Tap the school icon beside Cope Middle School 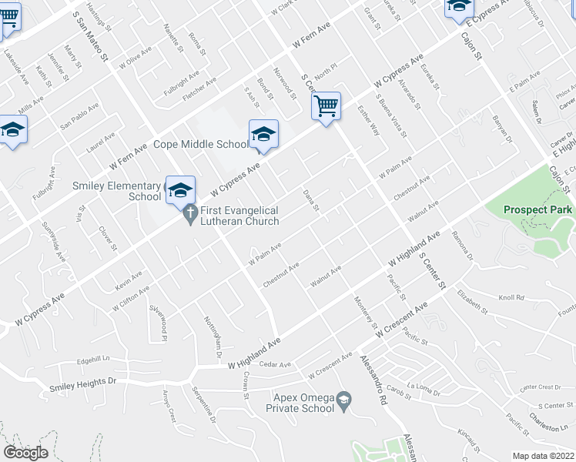tap(263, 135)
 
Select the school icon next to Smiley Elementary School tap(180, 190)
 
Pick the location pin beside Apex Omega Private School tap(344, 399)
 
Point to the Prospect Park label tap(537, 209)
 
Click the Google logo tap(25, 453)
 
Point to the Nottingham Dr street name tap(213, 332)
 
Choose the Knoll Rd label tap(511, 297)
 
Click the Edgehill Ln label tap(94, 360)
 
